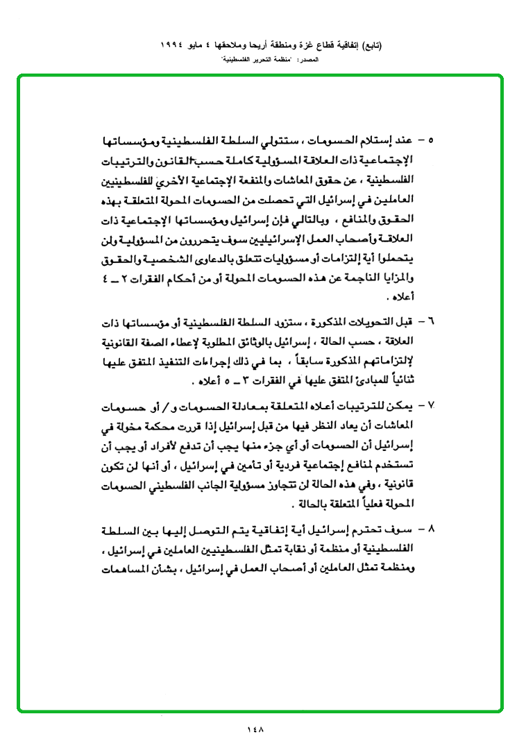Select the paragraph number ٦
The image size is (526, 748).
[430, 323]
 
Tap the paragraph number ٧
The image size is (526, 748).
[430, 403]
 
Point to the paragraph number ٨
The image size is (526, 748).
[430, 529]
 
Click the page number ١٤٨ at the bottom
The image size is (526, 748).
[256, 729]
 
